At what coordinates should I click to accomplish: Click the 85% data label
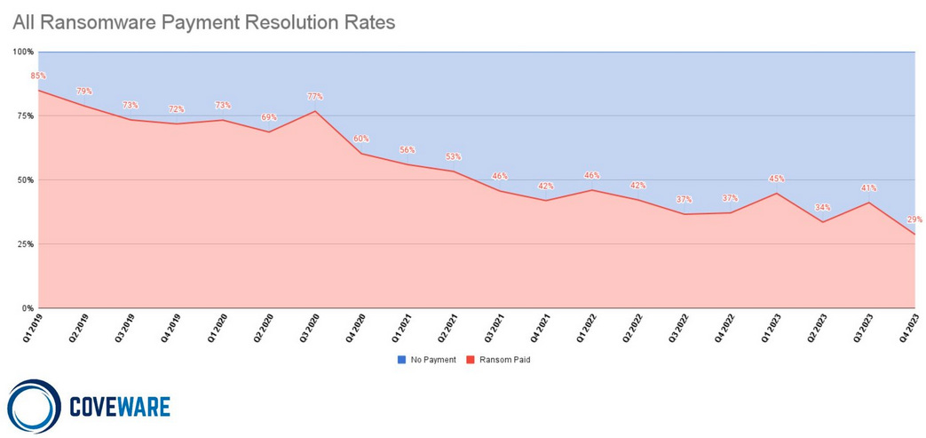38,76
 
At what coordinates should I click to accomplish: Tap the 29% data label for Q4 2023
914,219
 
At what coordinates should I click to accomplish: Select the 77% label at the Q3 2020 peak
314,97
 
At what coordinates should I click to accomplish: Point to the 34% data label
823,208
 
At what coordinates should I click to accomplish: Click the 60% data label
361,139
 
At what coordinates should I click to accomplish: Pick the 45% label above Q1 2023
777,179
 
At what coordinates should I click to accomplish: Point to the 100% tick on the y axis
23,52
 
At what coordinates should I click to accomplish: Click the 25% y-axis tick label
25,244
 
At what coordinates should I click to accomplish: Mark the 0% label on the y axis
28,308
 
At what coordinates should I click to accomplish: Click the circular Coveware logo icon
33,407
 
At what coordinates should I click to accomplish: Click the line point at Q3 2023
869,203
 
